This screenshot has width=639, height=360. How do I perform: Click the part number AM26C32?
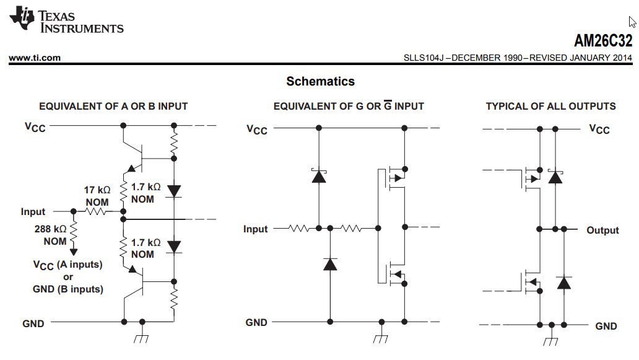602,41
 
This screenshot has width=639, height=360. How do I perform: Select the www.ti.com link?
35,58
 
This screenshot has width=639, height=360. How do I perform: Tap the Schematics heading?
320,81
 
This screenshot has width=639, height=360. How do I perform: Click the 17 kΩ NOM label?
97,196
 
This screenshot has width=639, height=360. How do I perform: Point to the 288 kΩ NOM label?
51,234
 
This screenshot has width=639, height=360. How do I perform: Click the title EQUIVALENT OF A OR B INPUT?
113,106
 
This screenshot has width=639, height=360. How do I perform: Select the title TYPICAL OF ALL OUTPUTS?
550,106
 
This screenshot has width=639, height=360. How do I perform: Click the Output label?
602,230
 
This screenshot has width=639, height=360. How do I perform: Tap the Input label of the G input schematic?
255,229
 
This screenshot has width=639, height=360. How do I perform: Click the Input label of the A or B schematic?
33,212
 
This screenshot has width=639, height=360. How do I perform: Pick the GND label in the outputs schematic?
606,326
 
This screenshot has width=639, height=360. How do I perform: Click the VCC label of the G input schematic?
257,129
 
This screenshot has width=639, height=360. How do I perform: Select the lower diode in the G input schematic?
331,264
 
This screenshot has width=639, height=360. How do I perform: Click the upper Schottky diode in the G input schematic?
319,176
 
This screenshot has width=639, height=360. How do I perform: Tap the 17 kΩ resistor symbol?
96,211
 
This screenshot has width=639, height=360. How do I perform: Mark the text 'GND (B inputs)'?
67,289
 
